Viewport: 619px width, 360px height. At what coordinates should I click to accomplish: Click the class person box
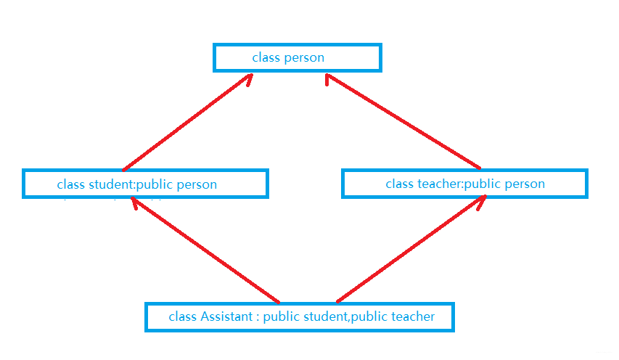pyautogui.click(x=297, y=57)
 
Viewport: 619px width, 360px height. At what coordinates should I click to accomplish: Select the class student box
pyautogui.click(x=145, y=184)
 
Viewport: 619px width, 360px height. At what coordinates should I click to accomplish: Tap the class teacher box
pyautogui.click(x=464, y=184)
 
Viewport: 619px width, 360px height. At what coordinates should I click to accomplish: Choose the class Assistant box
pyautogui.click(x=300, y=317)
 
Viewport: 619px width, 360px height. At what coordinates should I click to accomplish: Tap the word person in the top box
pyautogui.click(x=305, y=57)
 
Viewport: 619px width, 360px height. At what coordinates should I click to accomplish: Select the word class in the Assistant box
pyautogui.click(x=182, y=316)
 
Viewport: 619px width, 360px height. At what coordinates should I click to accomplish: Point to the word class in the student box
pyautogui.click(x=71, y=184)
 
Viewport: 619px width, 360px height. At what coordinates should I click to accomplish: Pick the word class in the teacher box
pyautogui.click(x=399, y=184)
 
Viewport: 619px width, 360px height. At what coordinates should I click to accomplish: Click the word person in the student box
pyautogui.click(x=197, y=184)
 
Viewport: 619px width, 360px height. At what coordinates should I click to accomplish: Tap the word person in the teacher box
pyautogui.click(x=525, y=184)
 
